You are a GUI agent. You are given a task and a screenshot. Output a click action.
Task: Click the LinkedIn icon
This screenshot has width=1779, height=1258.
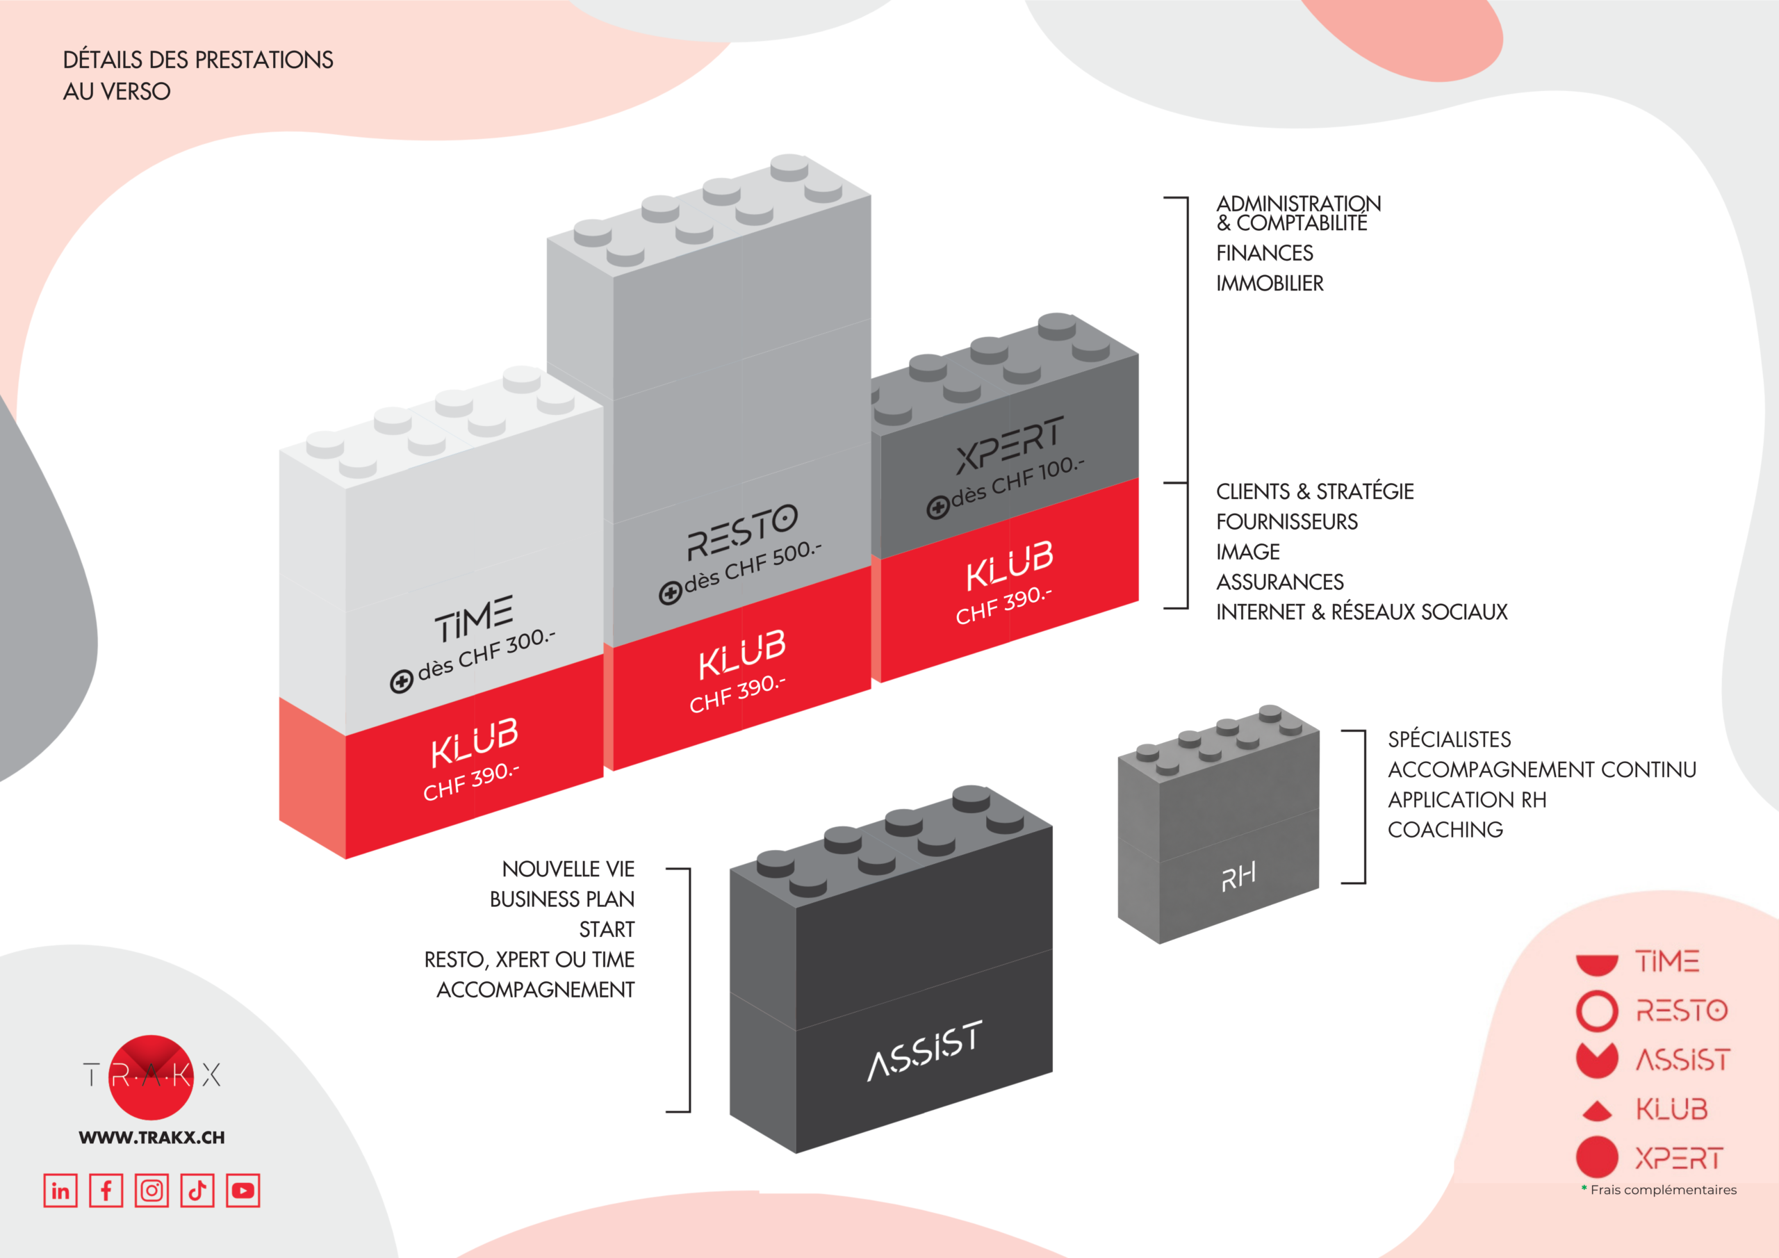(60, 1191)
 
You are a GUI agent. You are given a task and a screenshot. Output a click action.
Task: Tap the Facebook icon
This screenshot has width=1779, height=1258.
(106, 1191)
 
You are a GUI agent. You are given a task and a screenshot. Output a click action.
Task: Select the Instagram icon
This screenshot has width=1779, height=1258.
(152, 1191)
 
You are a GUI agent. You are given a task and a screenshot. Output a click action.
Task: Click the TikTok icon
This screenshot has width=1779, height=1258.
(197, 1191)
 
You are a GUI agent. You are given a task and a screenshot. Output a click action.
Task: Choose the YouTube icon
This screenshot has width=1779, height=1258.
(243, 1191)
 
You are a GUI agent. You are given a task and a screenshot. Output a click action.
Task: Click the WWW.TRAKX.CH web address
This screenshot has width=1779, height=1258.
(152, 1138)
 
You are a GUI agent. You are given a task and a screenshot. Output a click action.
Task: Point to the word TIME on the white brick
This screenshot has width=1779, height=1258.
(473, 619)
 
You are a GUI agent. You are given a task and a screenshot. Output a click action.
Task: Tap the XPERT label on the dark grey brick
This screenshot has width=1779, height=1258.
(1010, 445)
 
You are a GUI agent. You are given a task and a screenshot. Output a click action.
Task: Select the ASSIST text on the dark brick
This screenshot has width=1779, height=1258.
(925, 1050)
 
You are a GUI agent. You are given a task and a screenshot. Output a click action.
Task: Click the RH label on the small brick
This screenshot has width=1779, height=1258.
(1238, 876)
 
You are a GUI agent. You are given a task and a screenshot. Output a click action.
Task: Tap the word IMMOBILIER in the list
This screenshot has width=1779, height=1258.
(1270, 284)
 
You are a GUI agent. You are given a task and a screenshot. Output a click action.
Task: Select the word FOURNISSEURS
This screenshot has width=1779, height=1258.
(1287, 522)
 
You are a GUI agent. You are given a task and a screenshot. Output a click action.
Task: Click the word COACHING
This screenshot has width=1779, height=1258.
(1445, 829)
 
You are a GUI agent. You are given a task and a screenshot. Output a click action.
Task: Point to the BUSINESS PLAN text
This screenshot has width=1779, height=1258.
(561, 899)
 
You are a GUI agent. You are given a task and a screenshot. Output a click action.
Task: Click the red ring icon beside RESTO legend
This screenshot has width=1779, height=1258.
(1597, 1011)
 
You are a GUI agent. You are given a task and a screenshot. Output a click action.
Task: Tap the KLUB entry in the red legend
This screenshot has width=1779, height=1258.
(1671, 1109)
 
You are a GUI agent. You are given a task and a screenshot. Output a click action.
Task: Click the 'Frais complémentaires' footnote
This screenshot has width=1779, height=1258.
(1663, 1190)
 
